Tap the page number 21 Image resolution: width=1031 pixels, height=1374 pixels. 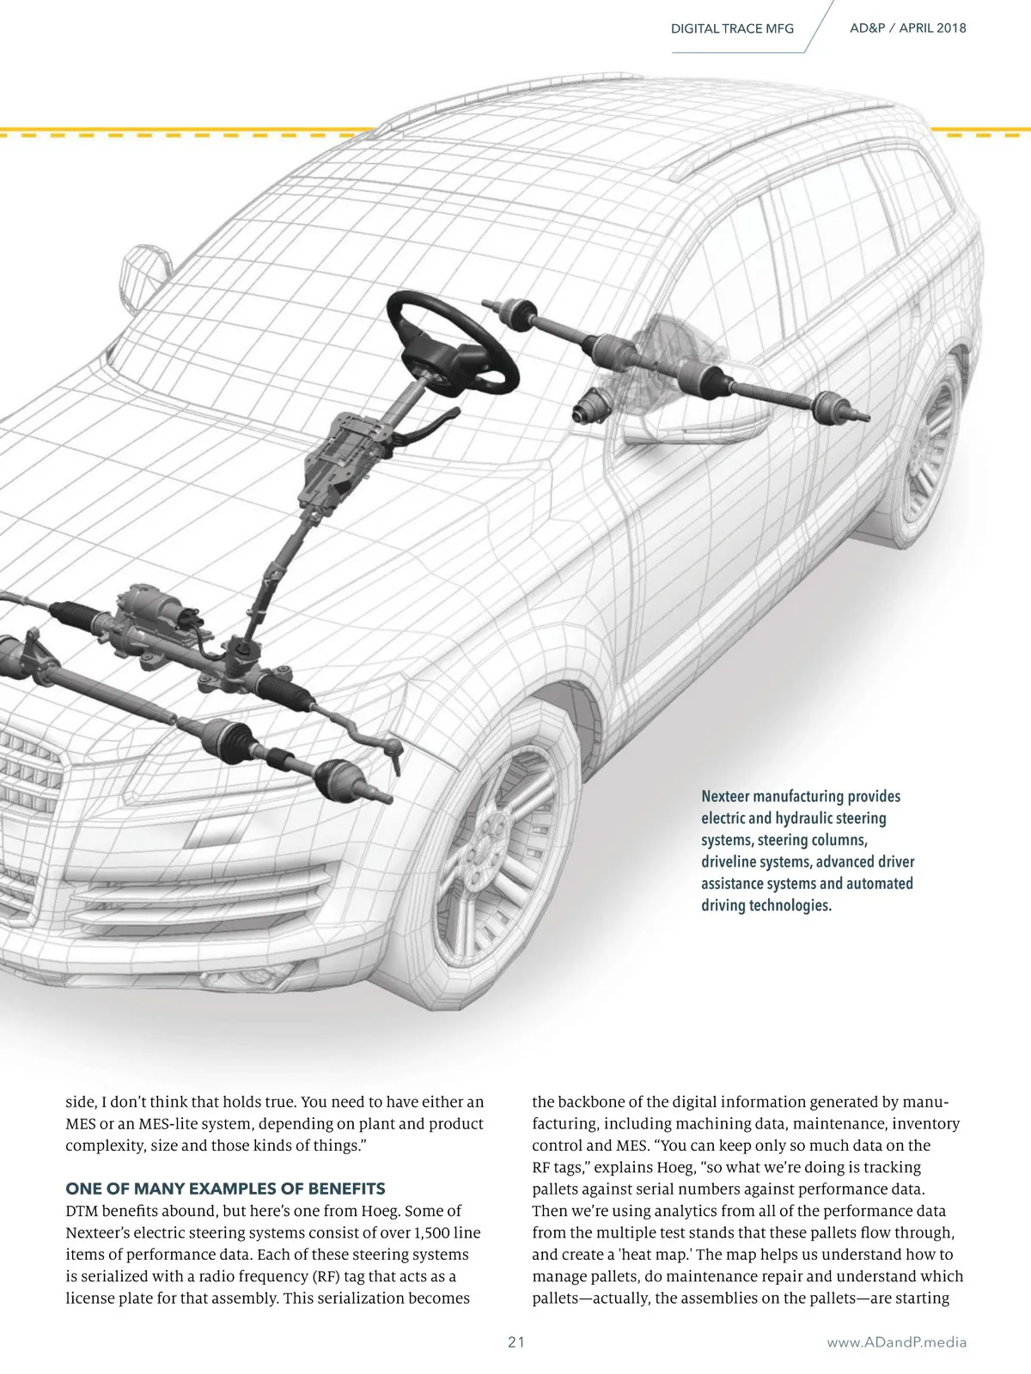[516, 1341]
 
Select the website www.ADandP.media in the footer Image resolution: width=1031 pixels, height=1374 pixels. [896, 1342]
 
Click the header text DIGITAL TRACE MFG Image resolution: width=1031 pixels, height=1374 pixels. [732, 28]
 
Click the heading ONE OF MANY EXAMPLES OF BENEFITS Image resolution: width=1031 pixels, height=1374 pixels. [226, 1189]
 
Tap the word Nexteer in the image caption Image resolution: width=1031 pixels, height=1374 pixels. [727, 797]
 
